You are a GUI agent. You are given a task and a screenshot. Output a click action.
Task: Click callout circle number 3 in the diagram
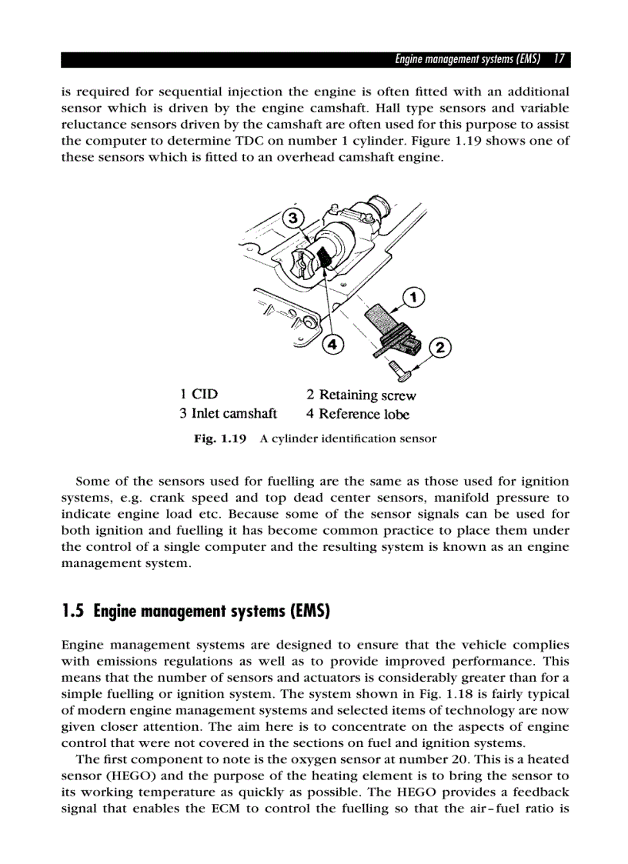292,219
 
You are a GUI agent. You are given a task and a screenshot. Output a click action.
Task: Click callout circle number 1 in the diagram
413,296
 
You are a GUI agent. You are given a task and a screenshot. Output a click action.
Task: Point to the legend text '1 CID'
199,395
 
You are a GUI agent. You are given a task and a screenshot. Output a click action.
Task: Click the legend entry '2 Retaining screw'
361,395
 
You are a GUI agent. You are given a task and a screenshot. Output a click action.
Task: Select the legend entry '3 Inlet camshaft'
229,414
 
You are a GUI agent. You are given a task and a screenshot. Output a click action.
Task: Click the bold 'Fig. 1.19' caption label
220,439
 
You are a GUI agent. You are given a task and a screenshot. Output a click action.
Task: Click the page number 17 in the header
560,59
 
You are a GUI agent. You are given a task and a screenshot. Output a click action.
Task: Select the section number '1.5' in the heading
73,612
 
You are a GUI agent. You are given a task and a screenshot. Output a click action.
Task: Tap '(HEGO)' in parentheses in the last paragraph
127,776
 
